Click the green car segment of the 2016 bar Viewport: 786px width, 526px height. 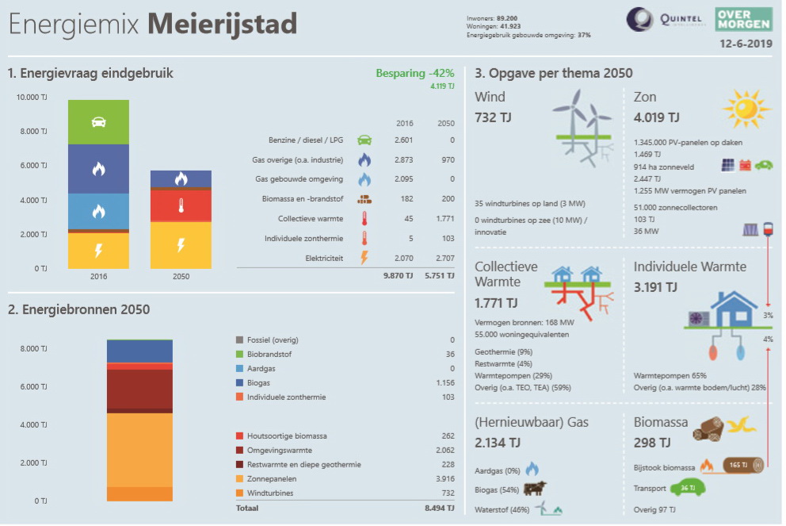(98, 122)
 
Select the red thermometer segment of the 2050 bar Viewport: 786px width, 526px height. (181, 205)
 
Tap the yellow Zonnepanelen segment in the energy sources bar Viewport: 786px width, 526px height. (139, 449)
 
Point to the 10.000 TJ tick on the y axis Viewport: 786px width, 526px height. (32, 98)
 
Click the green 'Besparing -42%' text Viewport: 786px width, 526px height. (414, 73)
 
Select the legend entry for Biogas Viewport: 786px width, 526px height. (258, 383)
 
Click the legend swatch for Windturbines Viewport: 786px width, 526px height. (240, 493)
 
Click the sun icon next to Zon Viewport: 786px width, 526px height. (746, 110)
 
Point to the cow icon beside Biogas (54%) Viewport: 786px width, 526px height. (535, 489)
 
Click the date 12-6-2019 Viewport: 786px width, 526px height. (746, 44)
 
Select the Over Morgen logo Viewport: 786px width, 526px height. (743, 18)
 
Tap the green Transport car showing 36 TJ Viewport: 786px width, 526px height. (687, 489)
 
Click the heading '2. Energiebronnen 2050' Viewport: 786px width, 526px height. (78, 309)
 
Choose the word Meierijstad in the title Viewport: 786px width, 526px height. (222, 24)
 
